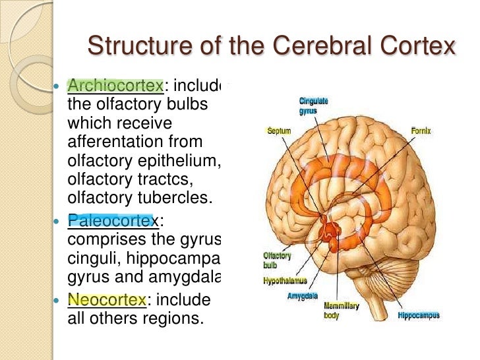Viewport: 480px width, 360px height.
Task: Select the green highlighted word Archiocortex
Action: coord(115,86)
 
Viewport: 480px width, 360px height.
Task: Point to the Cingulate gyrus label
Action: coord(314,105)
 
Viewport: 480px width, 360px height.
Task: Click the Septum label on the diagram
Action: coord(279,131)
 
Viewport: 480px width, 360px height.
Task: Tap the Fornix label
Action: coord(420,131)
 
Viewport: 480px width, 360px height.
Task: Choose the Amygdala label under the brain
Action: coord(303,296)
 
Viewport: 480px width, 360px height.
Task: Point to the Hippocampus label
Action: coord(419,316)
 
